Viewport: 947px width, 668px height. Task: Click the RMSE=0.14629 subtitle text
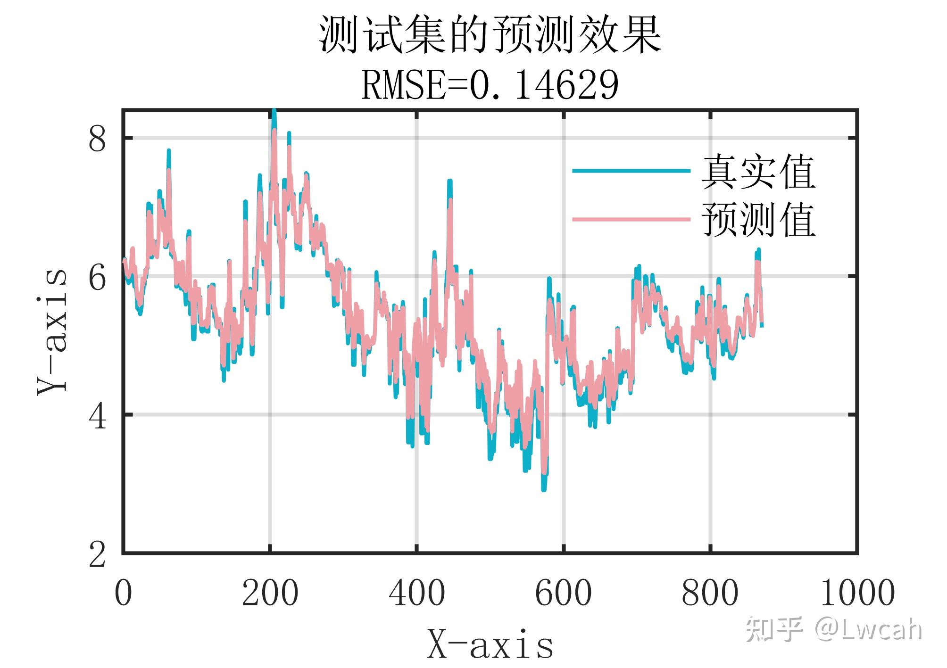click(490, 85)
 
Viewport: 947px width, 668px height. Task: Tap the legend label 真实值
click(758, 172)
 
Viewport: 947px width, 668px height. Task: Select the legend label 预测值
click(758, 220)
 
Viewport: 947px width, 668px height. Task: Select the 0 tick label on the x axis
click(124, 593)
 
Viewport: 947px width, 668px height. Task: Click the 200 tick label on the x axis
click(270, 593)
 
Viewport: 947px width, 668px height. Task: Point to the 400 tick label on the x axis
click(417, 593)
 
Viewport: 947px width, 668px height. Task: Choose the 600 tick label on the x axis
click(564, 593)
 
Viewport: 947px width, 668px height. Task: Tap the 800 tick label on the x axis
click(710, 593)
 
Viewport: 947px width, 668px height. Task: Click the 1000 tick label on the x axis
click(857, 593)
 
